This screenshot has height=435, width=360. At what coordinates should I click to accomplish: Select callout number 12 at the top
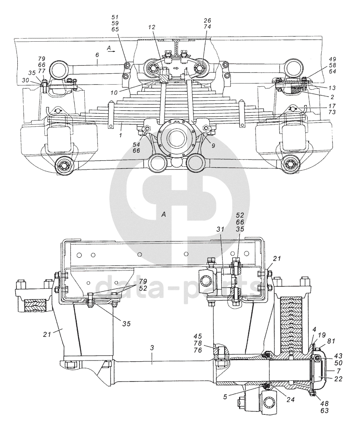click(152, 27)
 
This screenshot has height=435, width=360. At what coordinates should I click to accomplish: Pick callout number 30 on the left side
click(26, 80)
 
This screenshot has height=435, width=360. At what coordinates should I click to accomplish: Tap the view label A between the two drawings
click(164, 214)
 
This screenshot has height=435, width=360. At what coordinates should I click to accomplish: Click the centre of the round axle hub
click(176, 138)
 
